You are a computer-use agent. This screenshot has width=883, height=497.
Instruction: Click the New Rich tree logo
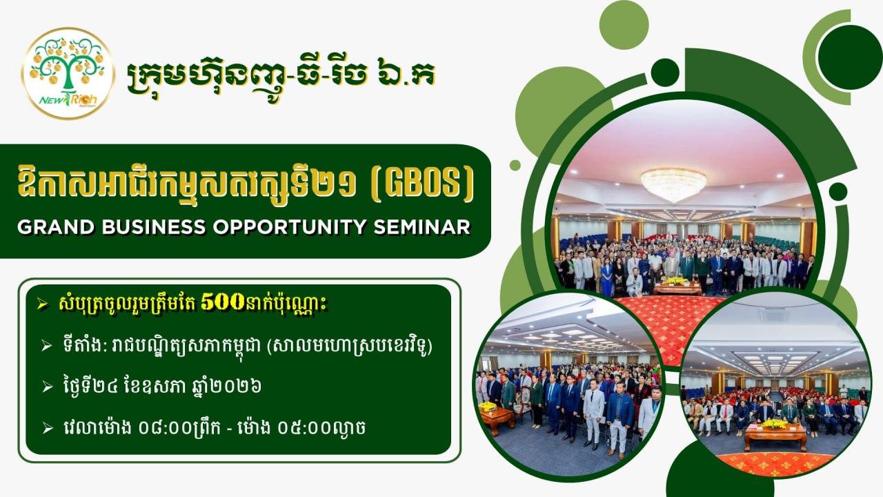tap(68, 73)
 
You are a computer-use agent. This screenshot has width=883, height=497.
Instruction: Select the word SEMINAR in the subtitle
tap(421, 227)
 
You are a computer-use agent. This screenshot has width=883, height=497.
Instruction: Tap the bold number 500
tap(223, 303)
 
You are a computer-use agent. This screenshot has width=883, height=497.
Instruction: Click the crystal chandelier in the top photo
tap(674, 184)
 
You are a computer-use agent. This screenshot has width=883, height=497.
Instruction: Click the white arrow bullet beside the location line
tap(48, 347)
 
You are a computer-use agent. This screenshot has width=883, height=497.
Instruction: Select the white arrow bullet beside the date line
tap(48, 387)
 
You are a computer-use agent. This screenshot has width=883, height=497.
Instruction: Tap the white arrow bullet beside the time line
tap(48, 429)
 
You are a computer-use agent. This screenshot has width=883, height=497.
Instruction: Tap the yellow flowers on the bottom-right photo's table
tap(774, 424)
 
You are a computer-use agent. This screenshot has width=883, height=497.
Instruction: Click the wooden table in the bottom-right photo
tap(775, 438)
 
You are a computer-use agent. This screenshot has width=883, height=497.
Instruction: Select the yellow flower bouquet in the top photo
tap(675, 281)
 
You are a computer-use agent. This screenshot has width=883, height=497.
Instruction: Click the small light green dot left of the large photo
tap(515, 165)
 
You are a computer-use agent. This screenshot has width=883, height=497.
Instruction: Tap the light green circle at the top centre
tap(624, 24)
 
